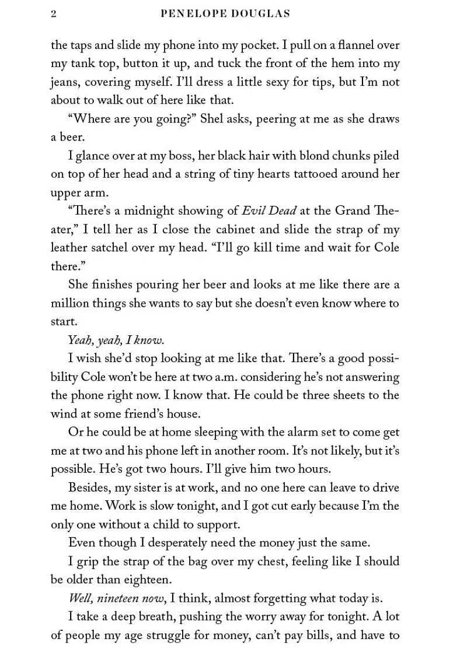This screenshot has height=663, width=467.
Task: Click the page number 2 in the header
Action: (x=54, y=14)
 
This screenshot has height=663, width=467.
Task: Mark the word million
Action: (x=69, y=303)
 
